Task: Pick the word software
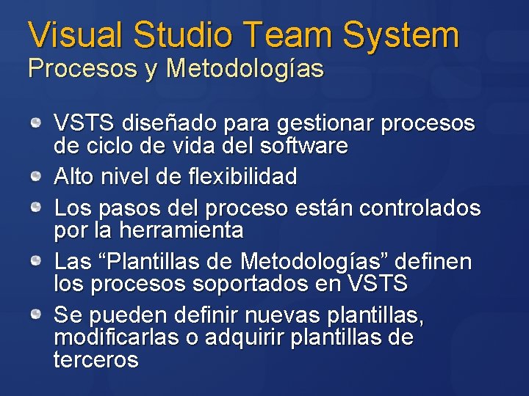tap(304, 146)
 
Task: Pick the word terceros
tap(96, 360)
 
